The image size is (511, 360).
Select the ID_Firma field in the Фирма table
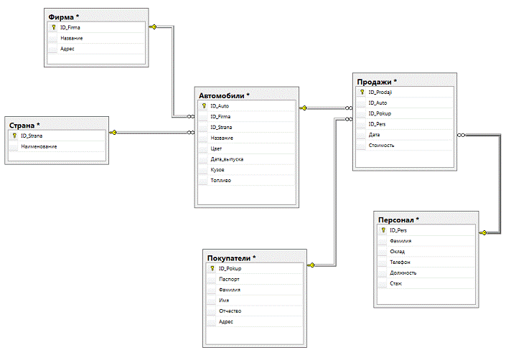click(x=70, y=27)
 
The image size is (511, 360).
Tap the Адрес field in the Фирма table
click(x=67, y=49)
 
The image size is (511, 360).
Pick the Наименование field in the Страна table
click(x=39, y=146)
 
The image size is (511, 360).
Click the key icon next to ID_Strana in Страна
click(x=14, y=136)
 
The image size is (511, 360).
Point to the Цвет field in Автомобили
click(x=216, y=148)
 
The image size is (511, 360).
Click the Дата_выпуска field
click(x=227, y=159)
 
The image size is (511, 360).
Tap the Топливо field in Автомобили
click(x=220, y=180)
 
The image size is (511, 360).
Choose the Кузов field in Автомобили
click(x=217, y=170)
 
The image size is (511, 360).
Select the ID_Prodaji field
click(x=380, y=92)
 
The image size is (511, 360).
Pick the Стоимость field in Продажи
click(x=381, y=146)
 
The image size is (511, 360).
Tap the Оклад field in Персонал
click(x=398, y=252)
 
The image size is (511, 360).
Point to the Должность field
click(x=403, y=273)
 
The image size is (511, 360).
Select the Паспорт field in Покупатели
click(x=229, y=279)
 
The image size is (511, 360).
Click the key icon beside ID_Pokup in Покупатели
click(x=212, y=268)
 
